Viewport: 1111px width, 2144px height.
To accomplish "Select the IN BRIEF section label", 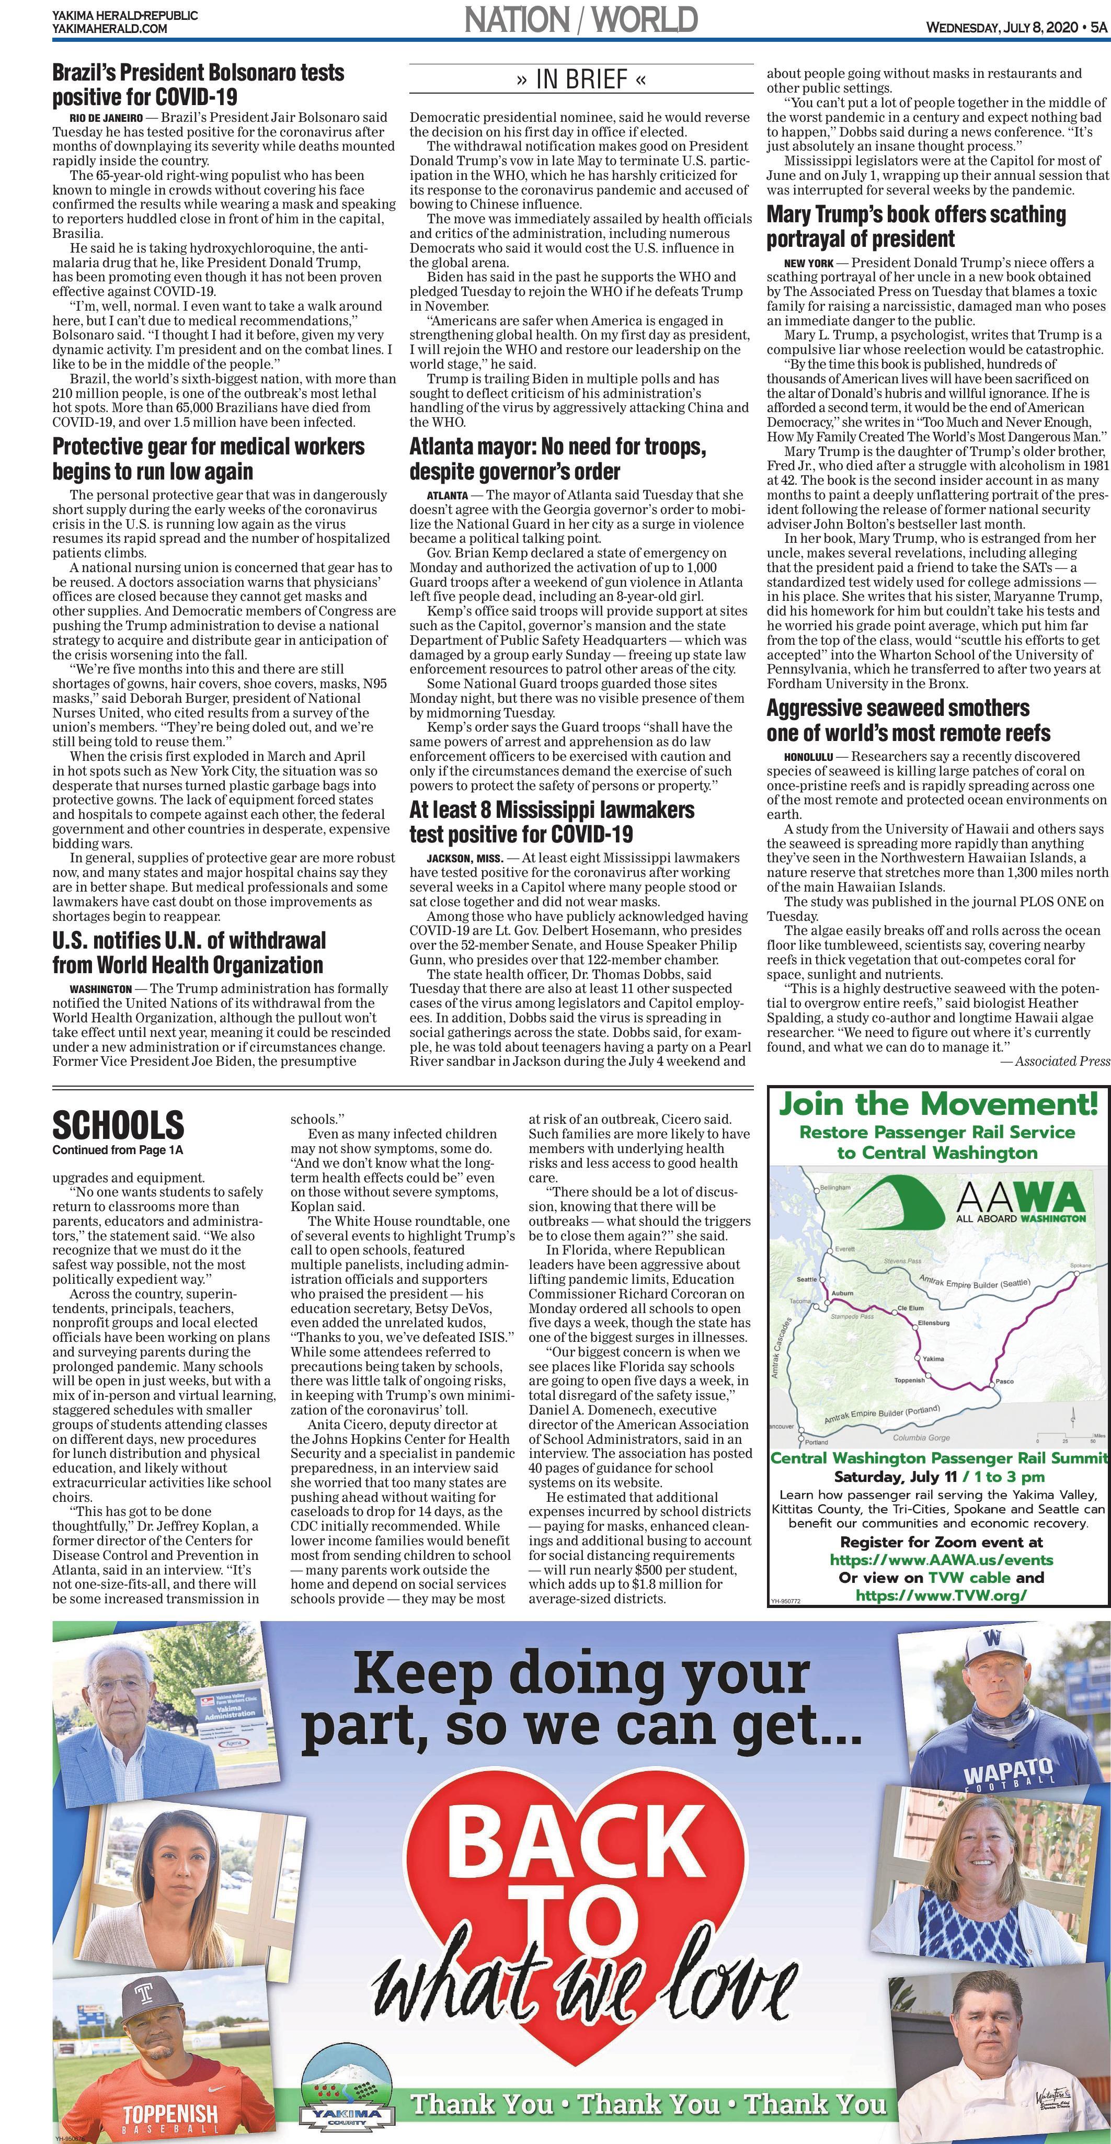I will point(581,80).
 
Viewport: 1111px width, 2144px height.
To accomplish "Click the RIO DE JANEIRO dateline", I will point(106,118).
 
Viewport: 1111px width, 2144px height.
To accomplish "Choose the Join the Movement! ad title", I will point(938,1104).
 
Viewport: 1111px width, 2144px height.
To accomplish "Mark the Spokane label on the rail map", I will point(1080,1266).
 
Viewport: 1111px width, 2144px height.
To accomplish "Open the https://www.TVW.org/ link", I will point(941,1595).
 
